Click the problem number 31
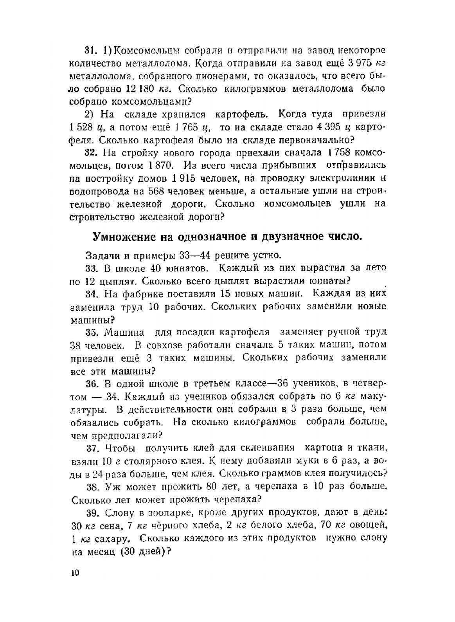point(91,51)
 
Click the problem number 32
point(91,152)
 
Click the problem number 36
point(92,383)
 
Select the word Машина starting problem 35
point(124,332)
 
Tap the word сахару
point(110,539)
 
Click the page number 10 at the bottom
point(75,573)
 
